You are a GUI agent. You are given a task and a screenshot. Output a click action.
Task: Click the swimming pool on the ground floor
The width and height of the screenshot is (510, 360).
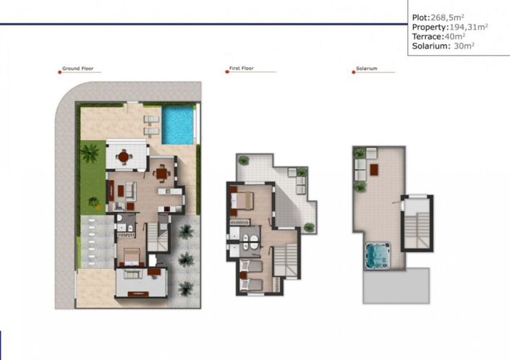point(178,125)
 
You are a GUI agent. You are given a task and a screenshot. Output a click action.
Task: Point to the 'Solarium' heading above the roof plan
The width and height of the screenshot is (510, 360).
point(366,69)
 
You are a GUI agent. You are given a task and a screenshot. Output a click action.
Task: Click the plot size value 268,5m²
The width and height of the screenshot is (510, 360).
point(448,17)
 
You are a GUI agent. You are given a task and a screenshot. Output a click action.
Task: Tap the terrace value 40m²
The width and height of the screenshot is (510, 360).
point(454,36)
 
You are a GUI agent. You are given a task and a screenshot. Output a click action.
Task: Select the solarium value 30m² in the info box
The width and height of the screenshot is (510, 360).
point(463,46)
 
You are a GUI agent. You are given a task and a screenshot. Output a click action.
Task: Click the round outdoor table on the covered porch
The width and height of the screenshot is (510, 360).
point(124,155)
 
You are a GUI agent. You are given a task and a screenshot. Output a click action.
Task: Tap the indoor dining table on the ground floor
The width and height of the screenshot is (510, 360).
point(161,172)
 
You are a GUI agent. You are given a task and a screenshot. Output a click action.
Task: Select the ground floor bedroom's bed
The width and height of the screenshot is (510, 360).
point(130,255)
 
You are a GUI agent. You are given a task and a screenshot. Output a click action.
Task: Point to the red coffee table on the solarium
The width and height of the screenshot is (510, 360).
point(375,170)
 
